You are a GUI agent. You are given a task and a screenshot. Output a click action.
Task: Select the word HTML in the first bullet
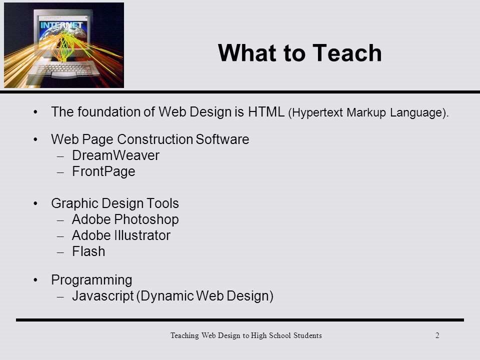coord(266,112)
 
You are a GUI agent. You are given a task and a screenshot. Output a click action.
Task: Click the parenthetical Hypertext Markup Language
coord(369,113)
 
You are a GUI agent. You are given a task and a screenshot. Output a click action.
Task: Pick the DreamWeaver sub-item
coord(115,155)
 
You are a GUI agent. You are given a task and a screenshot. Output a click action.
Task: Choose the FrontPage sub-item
coord(103,171)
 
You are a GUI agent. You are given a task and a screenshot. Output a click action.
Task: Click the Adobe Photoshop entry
coord(125,219)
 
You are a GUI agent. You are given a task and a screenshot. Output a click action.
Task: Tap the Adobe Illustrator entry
coord(121,235)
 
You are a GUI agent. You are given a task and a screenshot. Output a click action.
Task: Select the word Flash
coord(88,251)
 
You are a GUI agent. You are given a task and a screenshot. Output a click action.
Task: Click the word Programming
coord(91,280)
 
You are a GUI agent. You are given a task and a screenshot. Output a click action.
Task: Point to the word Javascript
coord(102,296)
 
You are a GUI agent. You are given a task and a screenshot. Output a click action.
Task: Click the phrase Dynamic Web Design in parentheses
coord(205,296)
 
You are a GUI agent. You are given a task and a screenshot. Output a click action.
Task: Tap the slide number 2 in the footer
coord(437,335)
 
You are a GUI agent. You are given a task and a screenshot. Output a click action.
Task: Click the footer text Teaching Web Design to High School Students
coord(245,335)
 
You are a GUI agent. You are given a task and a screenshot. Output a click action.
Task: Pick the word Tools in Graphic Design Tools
coord(162,203)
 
